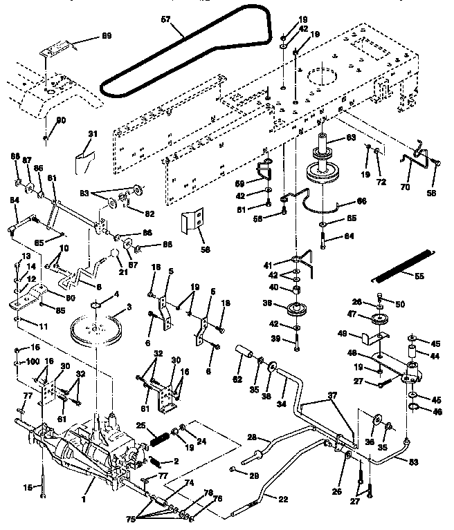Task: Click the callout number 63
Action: click(x=351, y=138)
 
